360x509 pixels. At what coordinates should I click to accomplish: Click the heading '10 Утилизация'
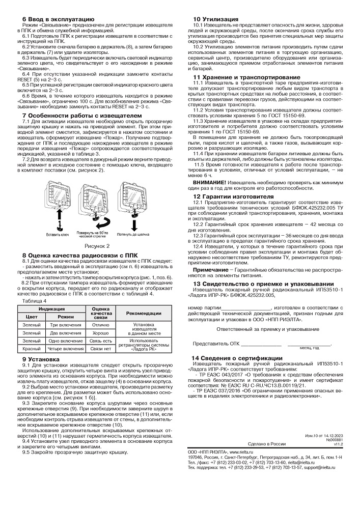[215, 19]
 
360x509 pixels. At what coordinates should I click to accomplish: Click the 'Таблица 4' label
[34, 301]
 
